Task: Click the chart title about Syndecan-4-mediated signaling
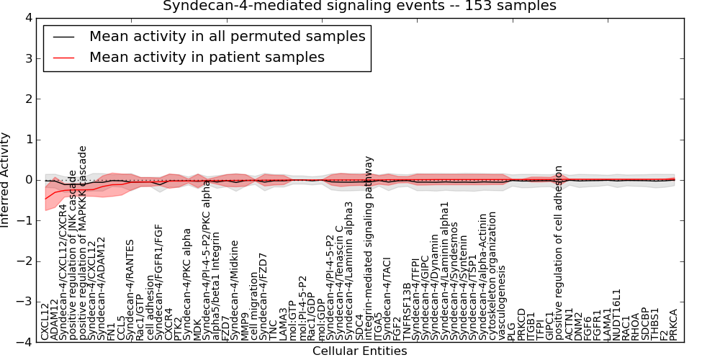click(359, 6)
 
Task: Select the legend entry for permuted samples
click(227, 36)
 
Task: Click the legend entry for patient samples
click(207, 57)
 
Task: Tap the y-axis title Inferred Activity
click(6, 179)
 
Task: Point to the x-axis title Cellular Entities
click(359, 351)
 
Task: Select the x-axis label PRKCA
click(673, 324)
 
